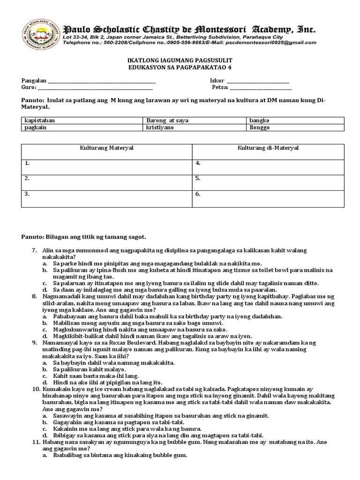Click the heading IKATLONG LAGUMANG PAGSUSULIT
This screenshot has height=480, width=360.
(180, 61)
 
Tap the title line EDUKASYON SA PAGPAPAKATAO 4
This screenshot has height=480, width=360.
(180, 67)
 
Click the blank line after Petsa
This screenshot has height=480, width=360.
(261, 88)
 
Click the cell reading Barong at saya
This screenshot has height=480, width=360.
(167, 120)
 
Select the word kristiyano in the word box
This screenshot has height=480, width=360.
(160, 127)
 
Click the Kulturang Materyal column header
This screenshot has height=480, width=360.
(106, 148)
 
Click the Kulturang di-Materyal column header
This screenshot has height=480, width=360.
(268, 148)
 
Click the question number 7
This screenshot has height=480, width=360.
(35, 251)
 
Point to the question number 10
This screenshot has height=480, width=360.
(36, 389)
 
